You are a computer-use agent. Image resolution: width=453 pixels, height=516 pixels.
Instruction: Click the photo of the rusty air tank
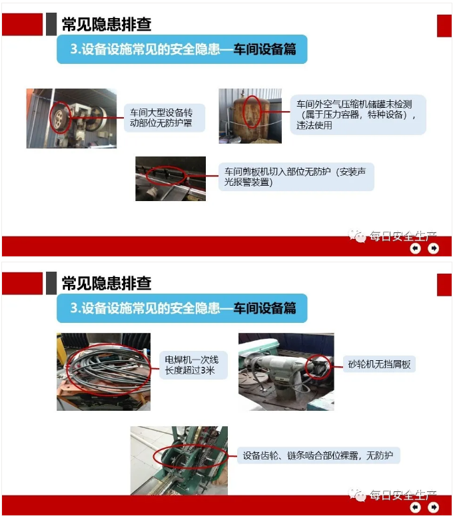click(x=250, y=116)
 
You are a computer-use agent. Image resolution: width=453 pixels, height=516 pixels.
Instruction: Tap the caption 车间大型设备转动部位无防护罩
click(x=161, y=118)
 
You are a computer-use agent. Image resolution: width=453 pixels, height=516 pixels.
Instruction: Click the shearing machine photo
click(x=171, y=178)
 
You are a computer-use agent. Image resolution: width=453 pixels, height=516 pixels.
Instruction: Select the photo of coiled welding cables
click(x=104, y=372)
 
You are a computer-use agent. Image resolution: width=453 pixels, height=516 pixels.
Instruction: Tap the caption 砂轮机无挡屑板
click(x=379, y=364)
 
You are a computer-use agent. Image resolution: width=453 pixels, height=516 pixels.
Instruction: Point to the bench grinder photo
click(x=286, y=372)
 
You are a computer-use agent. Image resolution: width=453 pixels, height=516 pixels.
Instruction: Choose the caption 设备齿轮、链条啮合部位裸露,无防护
click(x=318, y=455)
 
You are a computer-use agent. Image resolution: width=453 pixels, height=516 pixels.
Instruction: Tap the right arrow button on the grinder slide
click(x=433, y=507)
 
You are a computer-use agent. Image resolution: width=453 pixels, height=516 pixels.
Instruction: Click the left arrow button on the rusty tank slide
click(x=416, y=248)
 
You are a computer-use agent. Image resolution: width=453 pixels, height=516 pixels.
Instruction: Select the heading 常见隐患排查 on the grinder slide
click(x=107, y=284)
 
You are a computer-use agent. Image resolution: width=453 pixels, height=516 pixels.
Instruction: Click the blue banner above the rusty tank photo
click(x=182, y=49)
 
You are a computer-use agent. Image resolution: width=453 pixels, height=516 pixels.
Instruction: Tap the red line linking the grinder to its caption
click(x=337, y=366)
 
